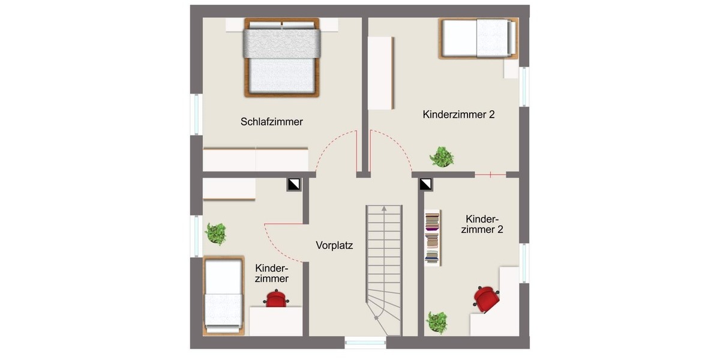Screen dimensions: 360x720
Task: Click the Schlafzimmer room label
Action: [x=272, y=122]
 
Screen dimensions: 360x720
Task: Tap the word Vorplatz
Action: [x=334, y=245]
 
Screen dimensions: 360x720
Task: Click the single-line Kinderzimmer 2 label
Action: [x=458, y=115]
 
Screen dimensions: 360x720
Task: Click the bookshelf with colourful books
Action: [x=432, y=238]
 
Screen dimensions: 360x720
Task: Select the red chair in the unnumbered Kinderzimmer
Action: [x=276, y=298]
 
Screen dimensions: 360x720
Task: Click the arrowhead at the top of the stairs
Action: [x=383, y=210]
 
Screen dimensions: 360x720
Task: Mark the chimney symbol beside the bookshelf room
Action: [x=426, y=184]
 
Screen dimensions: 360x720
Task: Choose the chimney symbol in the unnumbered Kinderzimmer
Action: [x=293, y=184]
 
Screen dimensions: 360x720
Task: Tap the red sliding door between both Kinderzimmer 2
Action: [x=490, y=175]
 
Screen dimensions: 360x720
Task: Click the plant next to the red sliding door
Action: [x=442, y=157]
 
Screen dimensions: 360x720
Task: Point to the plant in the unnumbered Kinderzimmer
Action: [x=215, y=233]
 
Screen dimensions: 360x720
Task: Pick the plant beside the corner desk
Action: [x=437, y=322]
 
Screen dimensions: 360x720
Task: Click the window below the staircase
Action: [x=365, y=343]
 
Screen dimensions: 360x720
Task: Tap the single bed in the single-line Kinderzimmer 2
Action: [x=478, y=38]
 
